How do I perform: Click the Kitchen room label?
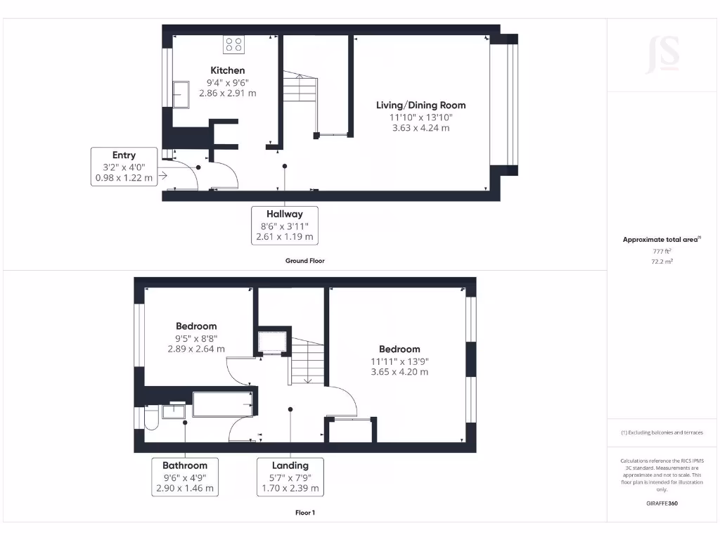click(228, 70)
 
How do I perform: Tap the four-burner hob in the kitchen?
click(233, 45)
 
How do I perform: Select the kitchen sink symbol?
click(180, 94)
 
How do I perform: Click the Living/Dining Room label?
click(420, 105)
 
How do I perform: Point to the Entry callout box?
click(124, 167)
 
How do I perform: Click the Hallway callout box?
click(284, 226)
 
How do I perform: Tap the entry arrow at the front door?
click(163, 176)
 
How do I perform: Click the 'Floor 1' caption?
click(305, 513)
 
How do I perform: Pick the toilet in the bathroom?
click(150, 419)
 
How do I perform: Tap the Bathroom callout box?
click(185, 477)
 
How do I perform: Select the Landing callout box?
click(290, 477)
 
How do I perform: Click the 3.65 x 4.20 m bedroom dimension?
click(399, 372)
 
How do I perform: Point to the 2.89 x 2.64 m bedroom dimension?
click(196, 349)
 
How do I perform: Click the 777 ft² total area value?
click(661, 250)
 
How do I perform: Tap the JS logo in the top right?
click(662, 55)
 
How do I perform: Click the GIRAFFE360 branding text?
click(661, 503)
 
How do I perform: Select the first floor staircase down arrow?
click(308, 380)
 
